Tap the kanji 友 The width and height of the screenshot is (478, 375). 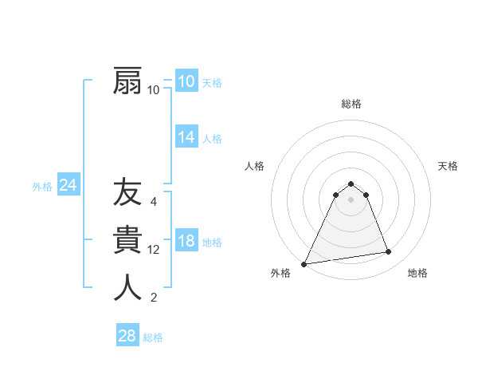[127, 193]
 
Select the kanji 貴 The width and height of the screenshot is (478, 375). [127, 240]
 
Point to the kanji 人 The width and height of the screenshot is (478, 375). [127, 287]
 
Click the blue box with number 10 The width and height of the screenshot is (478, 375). [186, 81]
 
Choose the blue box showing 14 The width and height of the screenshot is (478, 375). [186, 137]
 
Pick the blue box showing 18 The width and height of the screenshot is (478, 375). [186, 242]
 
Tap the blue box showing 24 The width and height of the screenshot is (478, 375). [68, 186]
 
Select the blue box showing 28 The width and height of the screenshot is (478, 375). [127, 336]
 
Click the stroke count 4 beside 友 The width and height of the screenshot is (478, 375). [154, 202]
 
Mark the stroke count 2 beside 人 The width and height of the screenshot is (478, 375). [154, 298]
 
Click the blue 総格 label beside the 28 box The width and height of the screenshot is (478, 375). [154, 337]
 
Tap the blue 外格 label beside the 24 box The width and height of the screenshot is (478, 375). [42, 187]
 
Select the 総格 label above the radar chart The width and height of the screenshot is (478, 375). [351, 104]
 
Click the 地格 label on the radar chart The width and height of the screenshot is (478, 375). [417, 273]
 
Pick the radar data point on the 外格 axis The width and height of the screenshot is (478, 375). [304, 264]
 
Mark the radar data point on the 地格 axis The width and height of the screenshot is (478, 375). [389, 252]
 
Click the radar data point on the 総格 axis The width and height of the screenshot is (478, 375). [351, 184]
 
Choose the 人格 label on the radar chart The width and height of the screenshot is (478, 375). [254, 166]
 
